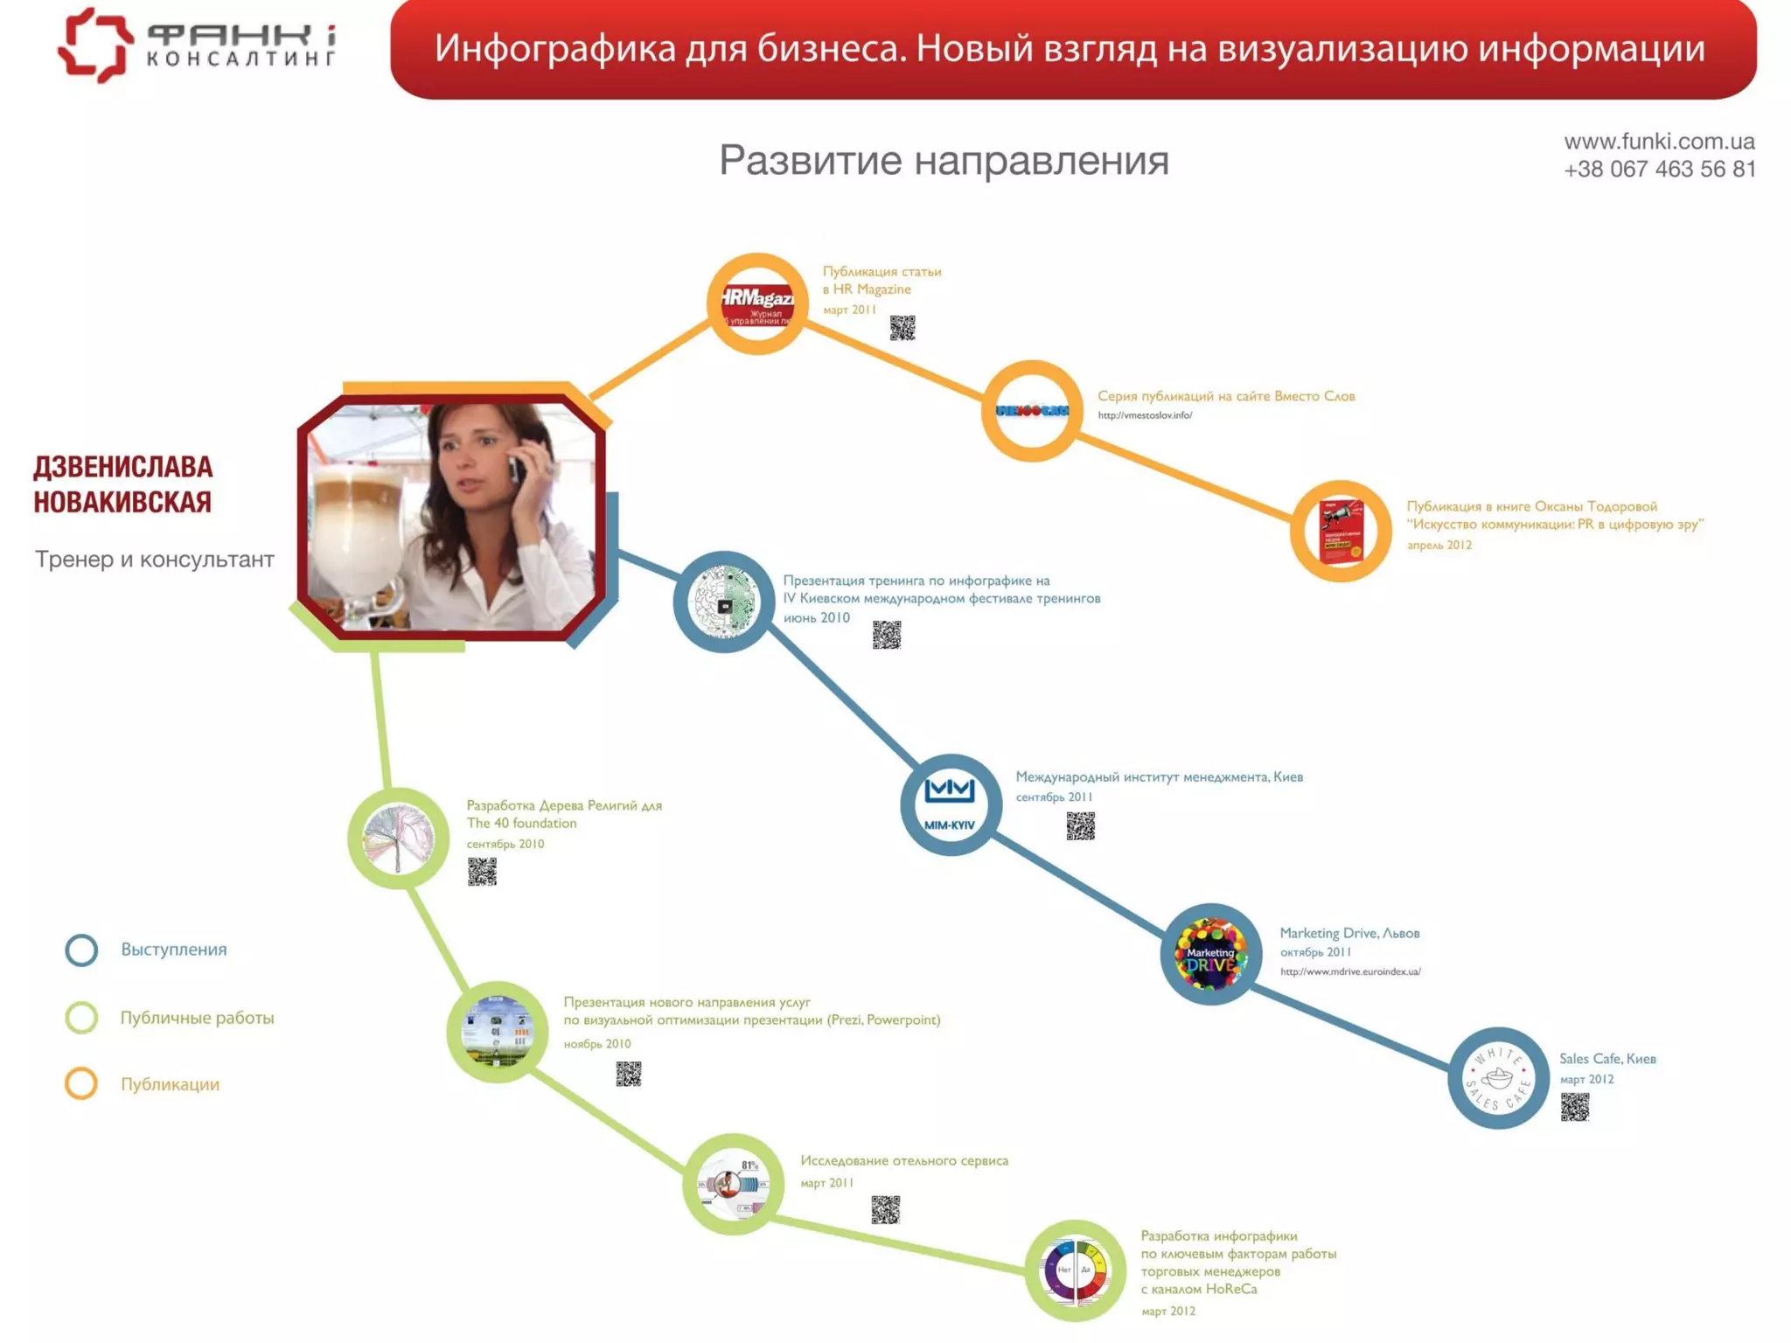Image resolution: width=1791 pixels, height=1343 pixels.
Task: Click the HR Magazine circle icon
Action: click(757, 303)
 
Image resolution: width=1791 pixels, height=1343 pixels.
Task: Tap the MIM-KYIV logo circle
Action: click(951, 804)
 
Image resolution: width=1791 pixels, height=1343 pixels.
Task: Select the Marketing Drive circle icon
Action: click(1210, 954)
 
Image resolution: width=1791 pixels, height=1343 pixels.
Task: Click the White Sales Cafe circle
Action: click(1498, 1078)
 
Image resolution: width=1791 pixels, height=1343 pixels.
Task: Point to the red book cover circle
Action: click(1341, 531)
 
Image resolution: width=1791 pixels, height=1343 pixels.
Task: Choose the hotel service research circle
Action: click(733, 1184)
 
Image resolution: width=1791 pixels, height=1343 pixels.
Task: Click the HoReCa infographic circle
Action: click(1075, 1270)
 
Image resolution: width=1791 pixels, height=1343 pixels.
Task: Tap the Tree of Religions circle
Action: click(399, 839)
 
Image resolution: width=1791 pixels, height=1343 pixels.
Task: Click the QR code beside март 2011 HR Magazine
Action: click(902, 328)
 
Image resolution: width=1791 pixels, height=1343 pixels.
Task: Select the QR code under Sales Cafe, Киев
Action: click(1574, 1108)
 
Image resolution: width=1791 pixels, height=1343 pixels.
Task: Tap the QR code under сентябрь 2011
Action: click(1080, 825)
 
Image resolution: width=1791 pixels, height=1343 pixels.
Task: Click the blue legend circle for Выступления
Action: click(81, 950)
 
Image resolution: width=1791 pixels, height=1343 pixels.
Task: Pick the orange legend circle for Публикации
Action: click(81, 1084)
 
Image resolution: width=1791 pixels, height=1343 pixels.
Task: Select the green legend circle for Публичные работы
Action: click(81, 1018)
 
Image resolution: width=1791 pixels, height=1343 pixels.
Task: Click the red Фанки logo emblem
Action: click(95, 45)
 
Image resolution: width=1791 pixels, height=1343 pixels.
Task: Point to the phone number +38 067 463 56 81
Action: click(1659, 170)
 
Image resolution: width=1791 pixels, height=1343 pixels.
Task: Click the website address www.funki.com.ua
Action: click(1659, 142)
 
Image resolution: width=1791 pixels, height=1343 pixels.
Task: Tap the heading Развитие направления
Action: click(944, 161)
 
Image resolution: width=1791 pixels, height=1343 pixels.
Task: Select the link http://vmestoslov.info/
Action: click(1145, 415)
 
